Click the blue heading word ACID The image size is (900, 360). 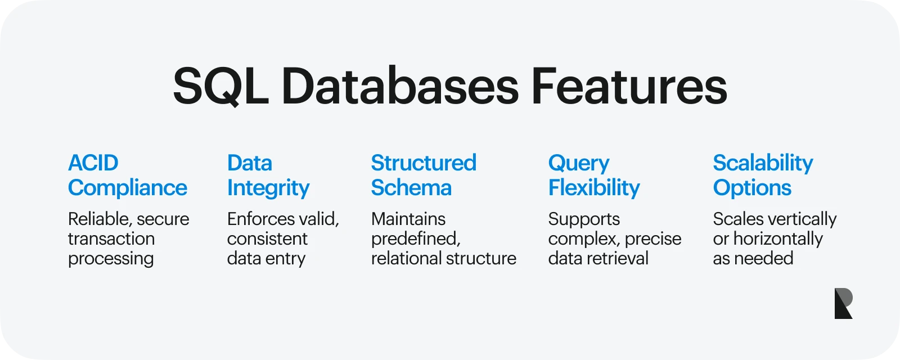click(x=93, y=163)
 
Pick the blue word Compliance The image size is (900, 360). click(x=128, y=188)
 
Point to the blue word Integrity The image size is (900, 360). click(x=268, y=188)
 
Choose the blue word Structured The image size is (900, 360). click(x=424, y=163)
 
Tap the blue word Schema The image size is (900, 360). click(x=411, y=188)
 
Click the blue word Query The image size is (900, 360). click(x=579, y=164)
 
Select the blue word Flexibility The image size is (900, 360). click(x=594, y=188)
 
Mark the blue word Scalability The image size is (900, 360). click(x=763, y=164)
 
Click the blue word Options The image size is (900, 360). click(x=752, y=188)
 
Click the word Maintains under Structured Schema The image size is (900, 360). click(x=408, y=219)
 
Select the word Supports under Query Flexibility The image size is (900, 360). click(x=584, y=219)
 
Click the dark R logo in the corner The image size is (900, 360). click(x=843, y=304)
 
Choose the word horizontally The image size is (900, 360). click(x=778, y=239)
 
